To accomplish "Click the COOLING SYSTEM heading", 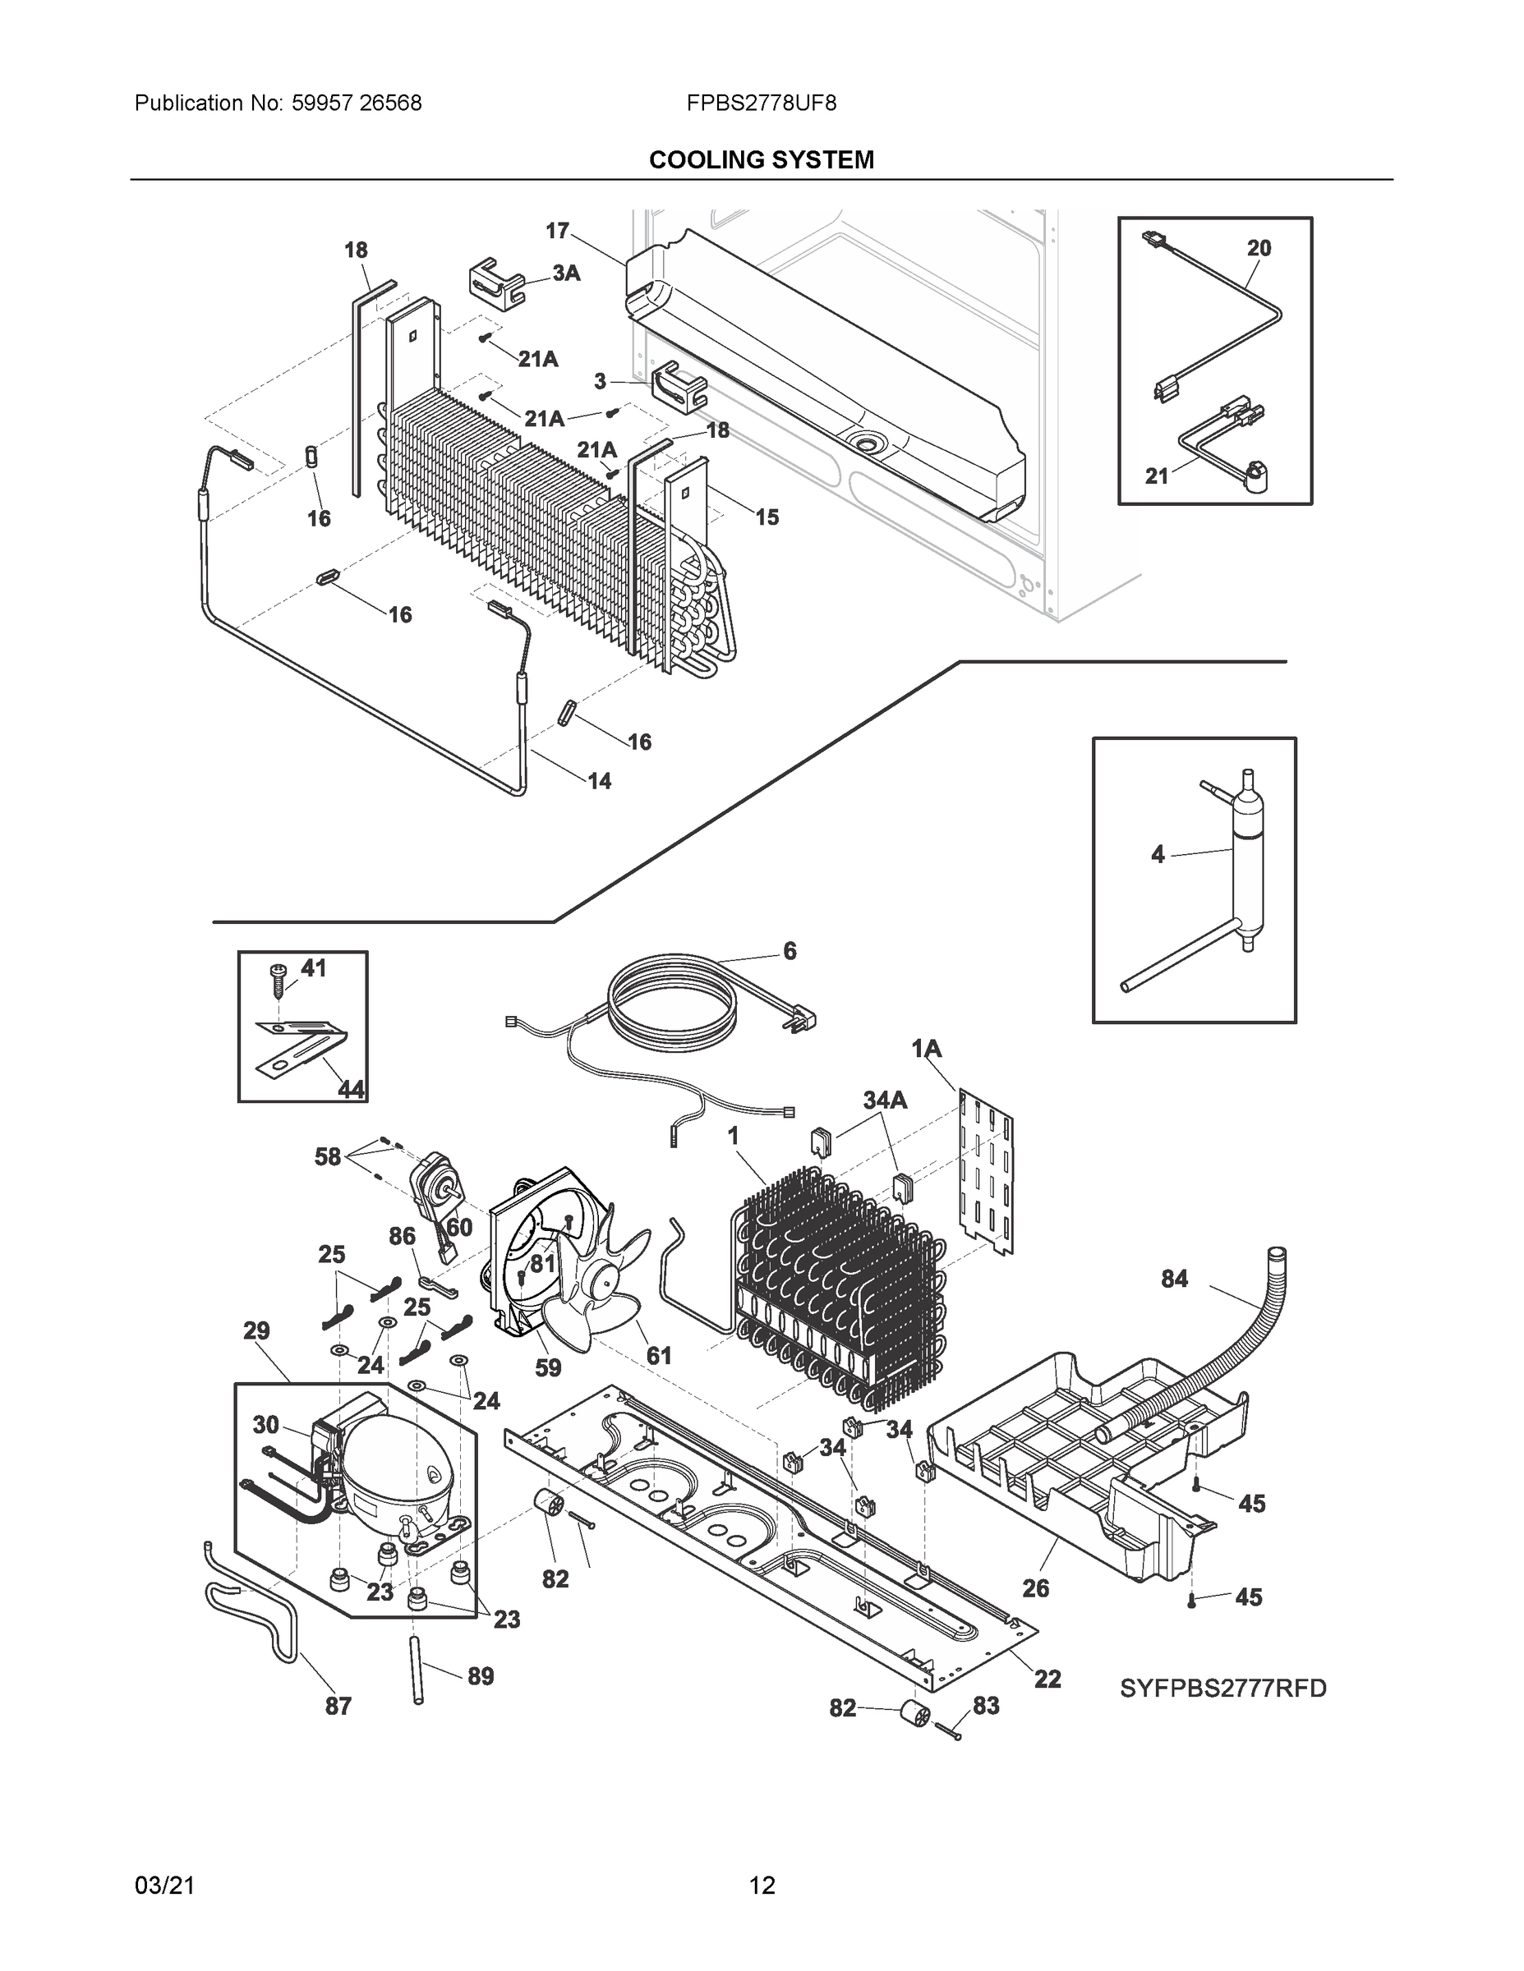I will pos(761,160).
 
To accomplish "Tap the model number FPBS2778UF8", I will pos(761,103).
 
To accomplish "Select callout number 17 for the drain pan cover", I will pos(557,231).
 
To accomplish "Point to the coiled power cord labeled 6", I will pos(673,998).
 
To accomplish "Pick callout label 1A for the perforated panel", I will pos(927,1048).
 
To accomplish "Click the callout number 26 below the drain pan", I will pos(1034,1588).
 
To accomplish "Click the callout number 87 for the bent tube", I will pos(338,1706).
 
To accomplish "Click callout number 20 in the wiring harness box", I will pos(1259,248).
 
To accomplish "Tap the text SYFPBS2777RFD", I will pos(1222,1688).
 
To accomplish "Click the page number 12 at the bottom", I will pos(762,1886).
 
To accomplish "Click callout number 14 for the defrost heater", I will pos(600,781).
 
